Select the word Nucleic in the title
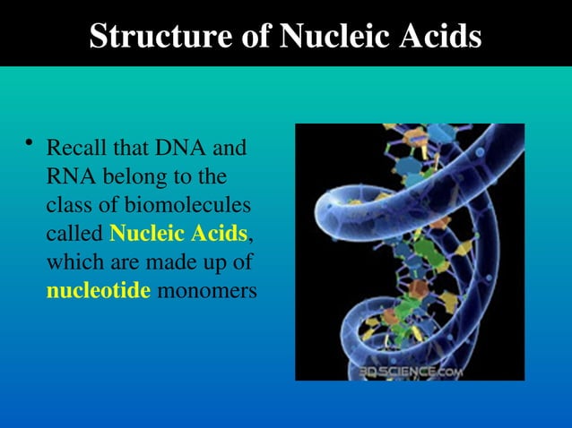tap(335, 36)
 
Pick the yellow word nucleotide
tap(98, 291)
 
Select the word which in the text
tap(73, 262)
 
